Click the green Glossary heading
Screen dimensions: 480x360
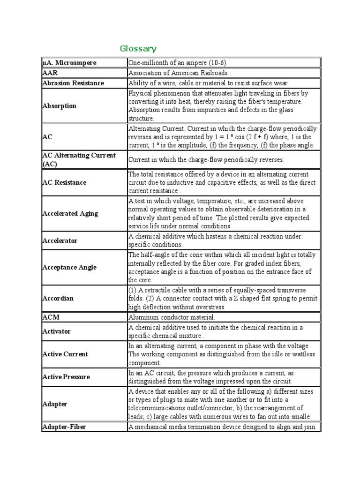(x=138, y=49)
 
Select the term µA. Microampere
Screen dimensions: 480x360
(x=69, y=63)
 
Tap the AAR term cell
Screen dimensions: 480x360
(x=50, y=73)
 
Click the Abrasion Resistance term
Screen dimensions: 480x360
(x=73, y=83)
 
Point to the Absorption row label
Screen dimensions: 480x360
(x=59, y=106)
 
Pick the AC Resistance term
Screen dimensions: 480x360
(x=64, y=182)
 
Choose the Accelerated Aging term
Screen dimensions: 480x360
(x=70, y=213)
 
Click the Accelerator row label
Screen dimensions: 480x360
(x=60, y=240)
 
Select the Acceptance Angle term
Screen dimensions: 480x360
(x=69, y=267)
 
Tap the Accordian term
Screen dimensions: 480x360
(x=58, y=298)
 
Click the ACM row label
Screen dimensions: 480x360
(x=51, y=317)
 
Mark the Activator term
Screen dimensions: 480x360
(x=57, y=331)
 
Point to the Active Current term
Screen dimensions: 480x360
(x=65, y=354)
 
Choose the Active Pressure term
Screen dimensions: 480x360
(x=66, y=377)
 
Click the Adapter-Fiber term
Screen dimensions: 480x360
(x=64, y=427)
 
